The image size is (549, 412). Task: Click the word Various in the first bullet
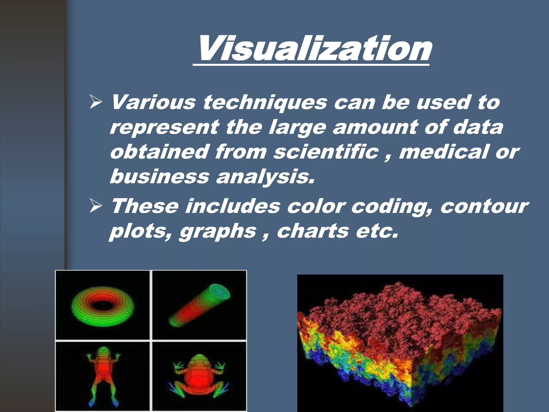pos(153,102)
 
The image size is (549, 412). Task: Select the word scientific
pos(326,152)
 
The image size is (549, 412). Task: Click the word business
pos(159,176)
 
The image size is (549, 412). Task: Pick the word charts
pos(313,231)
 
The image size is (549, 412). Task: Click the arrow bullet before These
pos(96,207)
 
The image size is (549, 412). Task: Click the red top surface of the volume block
pos(402,308)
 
